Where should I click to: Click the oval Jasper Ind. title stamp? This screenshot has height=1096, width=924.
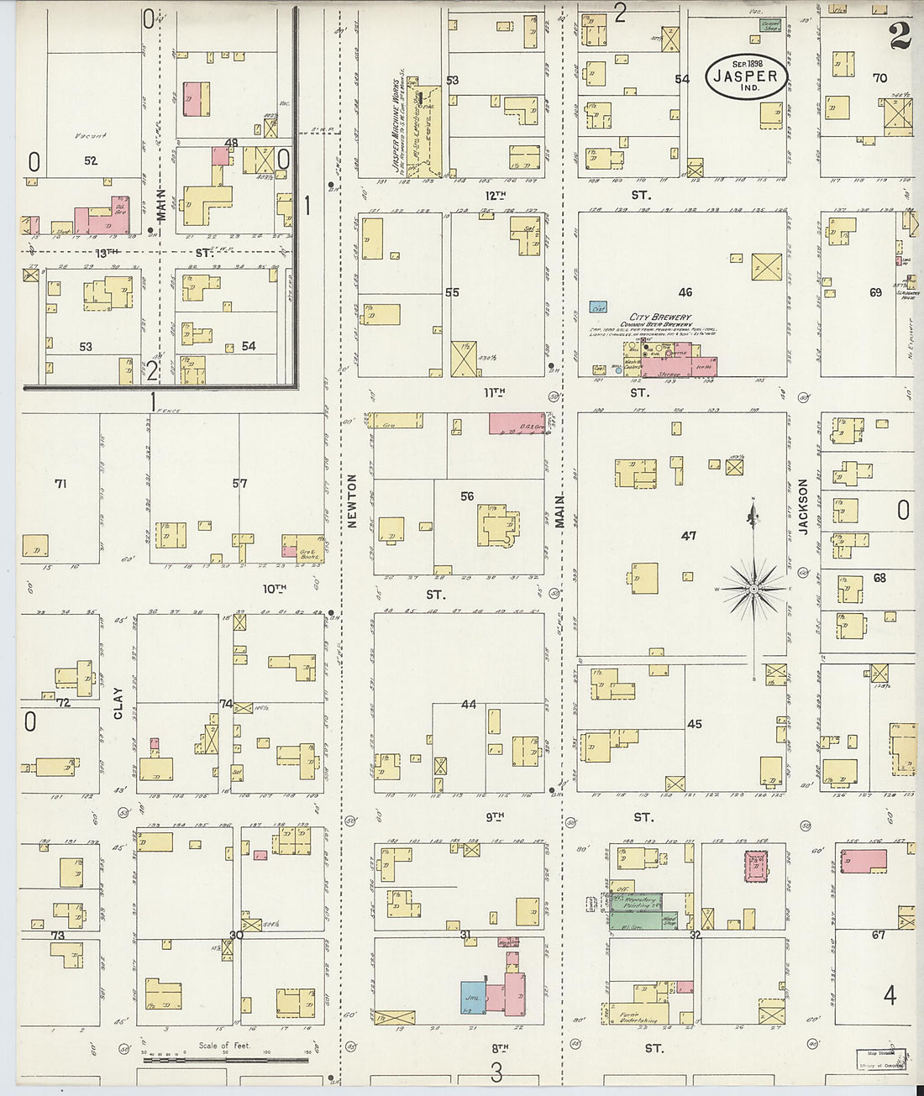tap(746, 77)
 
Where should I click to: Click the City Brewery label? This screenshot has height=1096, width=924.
tap(655, 317)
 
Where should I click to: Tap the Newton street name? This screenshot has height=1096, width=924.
tap(352, 501)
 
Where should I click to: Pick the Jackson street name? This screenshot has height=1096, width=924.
tap(802, 506)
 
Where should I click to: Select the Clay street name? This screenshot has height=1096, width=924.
tap(118, 703)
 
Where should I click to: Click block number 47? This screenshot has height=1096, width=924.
tap(689, 536)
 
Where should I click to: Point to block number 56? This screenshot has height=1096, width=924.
tap(467, 496)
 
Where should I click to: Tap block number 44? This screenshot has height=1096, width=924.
tap(468, 704)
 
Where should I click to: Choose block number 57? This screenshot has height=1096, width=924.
tap(240, 484)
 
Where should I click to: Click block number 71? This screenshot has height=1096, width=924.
tap(60, 484)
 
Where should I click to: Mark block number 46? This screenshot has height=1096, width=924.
tap(685, 292)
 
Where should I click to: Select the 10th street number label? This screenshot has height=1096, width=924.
tap(274, 589)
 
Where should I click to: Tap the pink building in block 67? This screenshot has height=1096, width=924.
tap(864, 860)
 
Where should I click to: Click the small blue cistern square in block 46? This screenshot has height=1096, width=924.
tap(598, 307)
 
